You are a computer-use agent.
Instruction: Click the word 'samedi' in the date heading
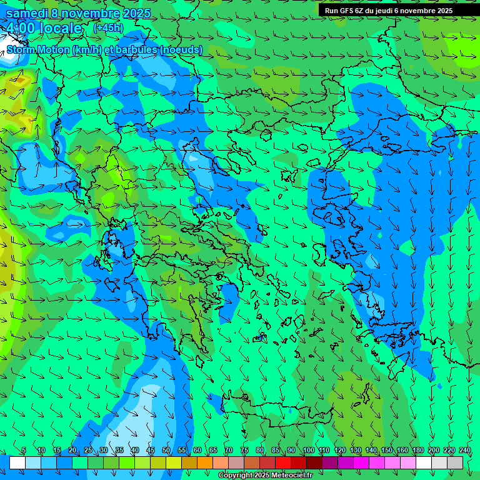[27, 13]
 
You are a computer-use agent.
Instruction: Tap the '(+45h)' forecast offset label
[108, 27]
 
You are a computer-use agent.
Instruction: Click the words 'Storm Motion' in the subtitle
[38, 49]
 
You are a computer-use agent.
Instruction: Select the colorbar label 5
[24, 450]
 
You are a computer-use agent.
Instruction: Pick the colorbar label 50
[166, 450]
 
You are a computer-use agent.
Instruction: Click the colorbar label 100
[308, 450]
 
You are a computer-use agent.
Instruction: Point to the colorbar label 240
[465, 450]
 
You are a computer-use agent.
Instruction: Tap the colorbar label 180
[417, 450]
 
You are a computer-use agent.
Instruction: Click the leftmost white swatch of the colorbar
[17, 462]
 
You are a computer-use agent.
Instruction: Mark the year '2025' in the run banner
[444, 11]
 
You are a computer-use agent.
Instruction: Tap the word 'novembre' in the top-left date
[94, 13]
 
